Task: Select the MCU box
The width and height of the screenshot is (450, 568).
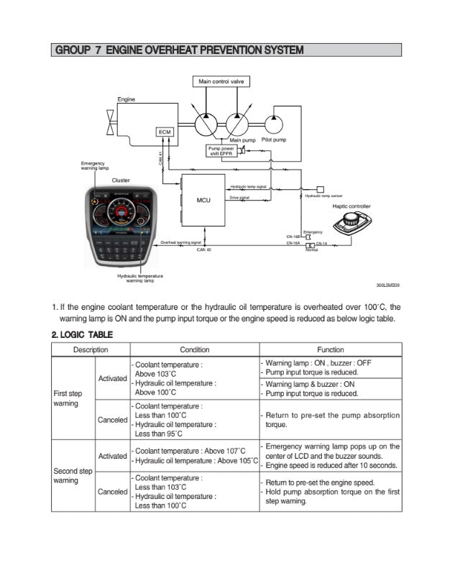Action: tap(203, 200)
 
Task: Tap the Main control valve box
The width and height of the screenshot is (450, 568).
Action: tap(221, 81)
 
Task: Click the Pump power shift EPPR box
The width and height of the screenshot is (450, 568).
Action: tap(220, 151)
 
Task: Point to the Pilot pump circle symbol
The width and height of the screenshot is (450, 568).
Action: tap(275, 123)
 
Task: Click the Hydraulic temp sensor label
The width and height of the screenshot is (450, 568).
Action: tap(323, 196)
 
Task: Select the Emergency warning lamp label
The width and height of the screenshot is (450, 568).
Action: tap(94, 166)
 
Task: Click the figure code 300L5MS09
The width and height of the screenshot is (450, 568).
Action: tap(388, 285)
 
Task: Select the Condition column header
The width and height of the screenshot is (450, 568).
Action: tap(194, 349)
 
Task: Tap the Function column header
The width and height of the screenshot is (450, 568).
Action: tap(330, 349)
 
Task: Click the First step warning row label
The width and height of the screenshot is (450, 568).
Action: tap(71, 398)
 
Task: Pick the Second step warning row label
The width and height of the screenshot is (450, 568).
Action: tap(73, 475)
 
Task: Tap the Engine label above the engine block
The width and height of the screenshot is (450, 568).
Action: tap(126, 99)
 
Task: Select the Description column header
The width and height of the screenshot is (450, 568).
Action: tap(90, 349)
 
